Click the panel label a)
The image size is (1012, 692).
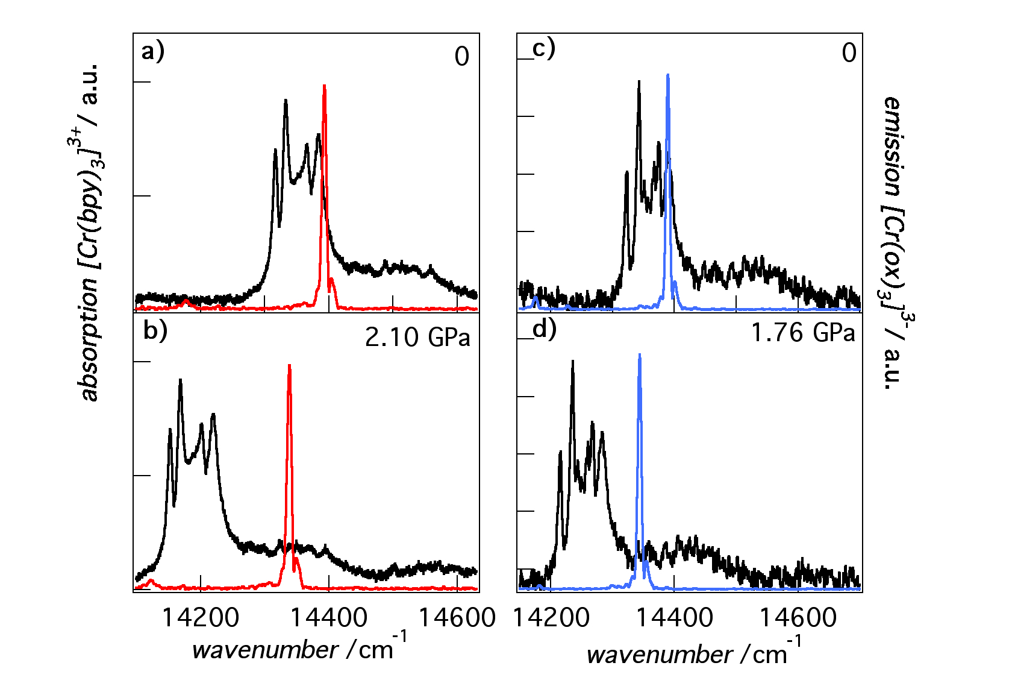[152, 52]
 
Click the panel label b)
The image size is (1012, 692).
[155, 331]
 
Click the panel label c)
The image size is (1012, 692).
[543, 48]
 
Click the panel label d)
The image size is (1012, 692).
[545, 329]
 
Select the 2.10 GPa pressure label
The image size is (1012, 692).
[417, 337]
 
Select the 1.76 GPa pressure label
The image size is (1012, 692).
[802, 333]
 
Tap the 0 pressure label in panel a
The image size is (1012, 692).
[461, 57]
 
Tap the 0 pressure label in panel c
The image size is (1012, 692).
[849, 53]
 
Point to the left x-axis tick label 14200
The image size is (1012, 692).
[201, 617]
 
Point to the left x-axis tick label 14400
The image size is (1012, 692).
[329, 617]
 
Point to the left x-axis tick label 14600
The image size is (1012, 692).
[457, 617]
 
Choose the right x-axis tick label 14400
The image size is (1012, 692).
[675, 617]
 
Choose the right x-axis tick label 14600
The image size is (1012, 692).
[798, 617]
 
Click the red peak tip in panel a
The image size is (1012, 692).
[325, 86]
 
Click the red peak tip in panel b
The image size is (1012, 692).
[290, 365]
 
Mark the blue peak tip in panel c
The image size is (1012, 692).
[667, 75]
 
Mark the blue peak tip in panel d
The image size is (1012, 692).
[639, 355]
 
